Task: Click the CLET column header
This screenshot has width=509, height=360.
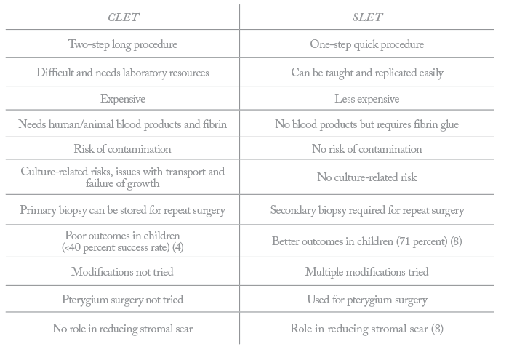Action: coord(124,17)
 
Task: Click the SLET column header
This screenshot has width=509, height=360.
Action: coord(367,17)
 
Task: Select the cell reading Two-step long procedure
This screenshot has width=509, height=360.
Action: coord(123,44)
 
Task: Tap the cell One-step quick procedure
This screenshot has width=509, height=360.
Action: coord(366,44)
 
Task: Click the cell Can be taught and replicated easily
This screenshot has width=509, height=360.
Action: coord(367,73)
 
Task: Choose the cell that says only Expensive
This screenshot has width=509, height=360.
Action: coord(123,99)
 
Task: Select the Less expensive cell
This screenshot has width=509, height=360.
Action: coord(367,99)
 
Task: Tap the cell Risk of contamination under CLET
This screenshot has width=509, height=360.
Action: coord(122,148)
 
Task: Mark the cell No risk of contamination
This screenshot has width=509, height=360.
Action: coord(367,148)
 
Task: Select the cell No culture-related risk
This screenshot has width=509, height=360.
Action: coord(367,177)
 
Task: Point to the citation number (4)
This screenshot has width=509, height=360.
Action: coord(178,247)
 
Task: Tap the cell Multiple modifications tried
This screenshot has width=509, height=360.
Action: coord(366,272)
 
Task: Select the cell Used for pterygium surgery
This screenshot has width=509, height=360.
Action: coord(367,300)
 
